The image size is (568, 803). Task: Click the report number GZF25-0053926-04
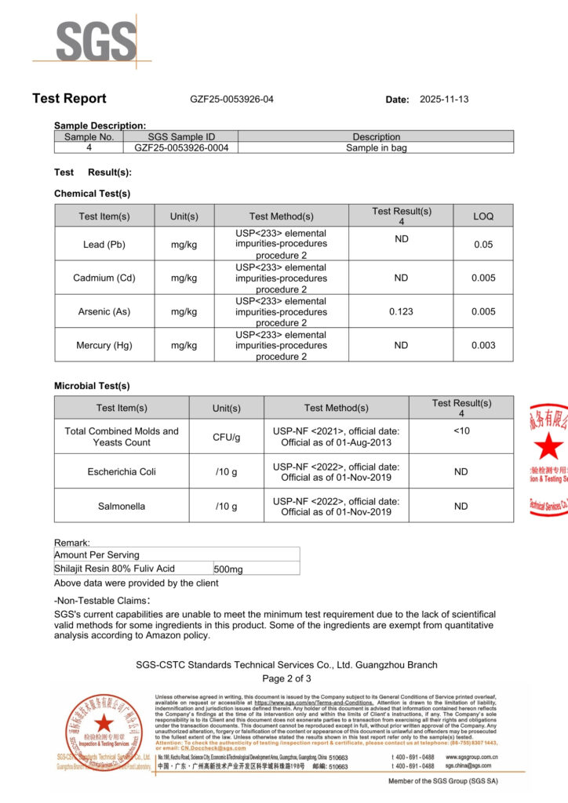click(231, 100)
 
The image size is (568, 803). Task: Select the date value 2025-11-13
click(444, 100)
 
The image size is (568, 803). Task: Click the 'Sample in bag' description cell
click(376, 147)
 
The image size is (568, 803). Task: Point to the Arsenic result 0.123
click(401, 311)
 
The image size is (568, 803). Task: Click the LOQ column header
click(483, 216)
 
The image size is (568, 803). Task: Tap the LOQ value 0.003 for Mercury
click(483, 345)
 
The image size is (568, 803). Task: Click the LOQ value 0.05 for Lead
click(483, 245)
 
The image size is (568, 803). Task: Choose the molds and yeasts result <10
click(461, 431)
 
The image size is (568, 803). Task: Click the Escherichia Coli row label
click(122, 471)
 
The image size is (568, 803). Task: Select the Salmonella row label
click(122, 507)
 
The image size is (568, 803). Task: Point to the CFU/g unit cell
click(226, 437)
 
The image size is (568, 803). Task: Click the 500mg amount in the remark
click(227, 569)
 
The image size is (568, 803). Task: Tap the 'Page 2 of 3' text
click(286, 678)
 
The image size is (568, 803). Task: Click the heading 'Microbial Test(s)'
click(92, 386)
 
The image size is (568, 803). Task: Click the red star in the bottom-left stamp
click(103, 723)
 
